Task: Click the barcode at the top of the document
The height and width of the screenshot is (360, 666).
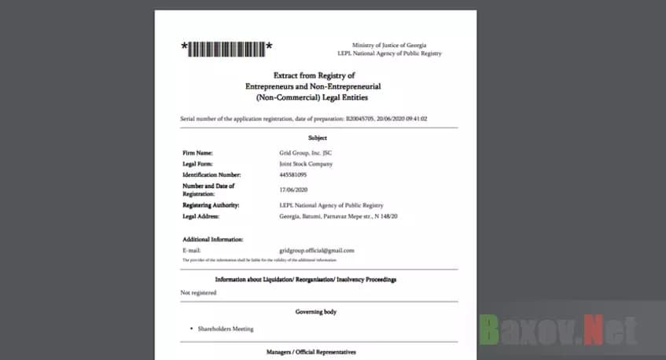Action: [x=226, y=49]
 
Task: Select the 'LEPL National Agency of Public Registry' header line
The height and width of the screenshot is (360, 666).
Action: [x=389, y=53]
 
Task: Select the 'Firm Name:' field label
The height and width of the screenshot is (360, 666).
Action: [x=198, y=153]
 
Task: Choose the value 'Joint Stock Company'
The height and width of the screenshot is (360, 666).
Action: [x=306, y=164]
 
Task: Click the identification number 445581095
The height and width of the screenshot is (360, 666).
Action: [x=293, y=174]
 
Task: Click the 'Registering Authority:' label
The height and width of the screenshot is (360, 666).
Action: [x=211, y=205]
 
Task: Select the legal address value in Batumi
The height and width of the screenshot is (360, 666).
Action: [x=338, y=215]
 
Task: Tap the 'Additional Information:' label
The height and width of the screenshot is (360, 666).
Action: [x=212, y=239]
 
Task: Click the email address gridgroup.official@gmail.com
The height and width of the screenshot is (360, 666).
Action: [x=317, y=250]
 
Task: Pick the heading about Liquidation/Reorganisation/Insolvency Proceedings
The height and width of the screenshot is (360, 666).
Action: [x=306, y=279]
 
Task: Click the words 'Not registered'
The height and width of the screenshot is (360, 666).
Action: [x=198, y=292]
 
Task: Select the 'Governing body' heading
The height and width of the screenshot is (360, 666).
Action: [x=316, y=312]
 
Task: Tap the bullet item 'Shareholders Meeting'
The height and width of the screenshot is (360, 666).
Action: [x=226, y=329]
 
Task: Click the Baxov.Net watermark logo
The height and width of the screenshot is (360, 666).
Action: [x=558, y=329]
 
